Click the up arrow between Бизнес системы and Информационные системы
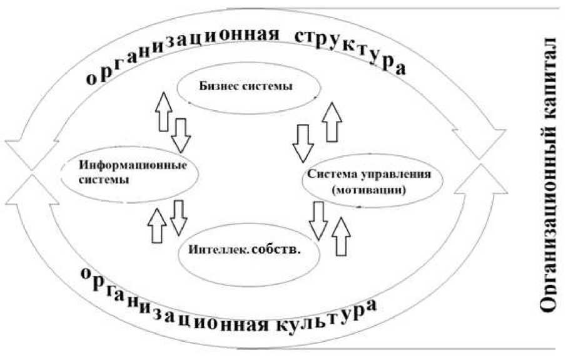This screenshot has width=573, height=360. [165, 112]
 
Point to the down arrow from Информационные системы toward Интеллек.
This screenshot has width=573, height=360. [179, 217]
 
